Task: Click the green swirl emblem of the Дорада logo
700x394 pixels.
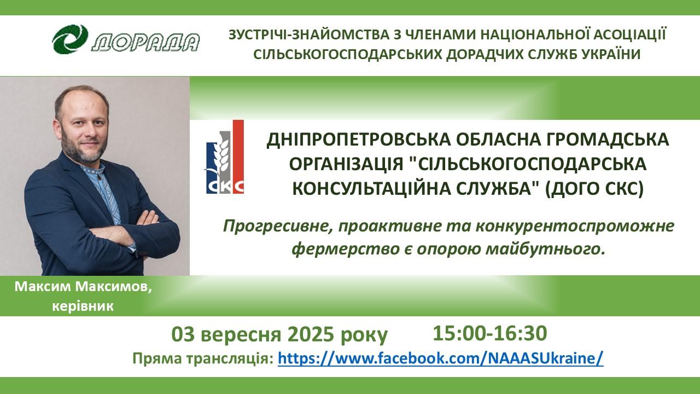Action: [x=70, y=39]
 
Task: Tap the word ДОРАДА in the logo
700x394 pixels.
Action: [x=145, y=42]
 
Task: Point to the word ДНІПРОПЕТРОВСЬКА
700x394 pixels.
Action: [x=358, y=140]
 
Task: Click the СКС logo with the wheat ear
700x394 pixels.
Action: [x=225, y=157]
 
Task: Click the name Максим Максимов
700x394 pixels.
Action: [x=83, y=287]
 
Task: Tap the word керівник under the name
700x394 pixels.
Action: [x=83, y=306]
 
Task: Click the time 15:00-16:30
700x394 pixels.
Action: [x=489, y=333]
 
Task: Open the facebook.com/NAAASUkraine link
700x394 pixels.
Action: [x=441, y=358]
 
